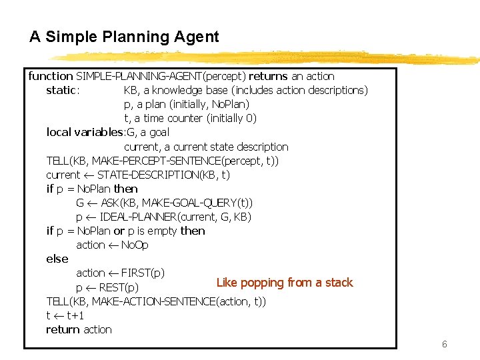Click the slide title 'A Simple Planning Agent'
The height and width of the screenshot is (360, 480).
124,37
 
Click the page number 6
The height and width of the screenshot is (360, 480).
444,345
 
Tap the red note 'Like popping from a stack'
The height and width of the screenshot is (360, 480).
285,283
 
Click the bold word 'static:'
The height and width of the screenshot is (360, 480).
63,91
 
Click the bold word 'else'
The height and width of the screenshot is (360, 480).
57,259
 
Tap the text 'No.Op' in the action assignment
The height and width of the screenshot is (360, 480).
135,245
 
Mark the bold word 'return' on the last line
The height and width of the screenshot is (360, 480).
61,330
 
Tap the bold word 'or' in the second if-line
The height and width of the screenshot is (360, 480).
119,231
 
